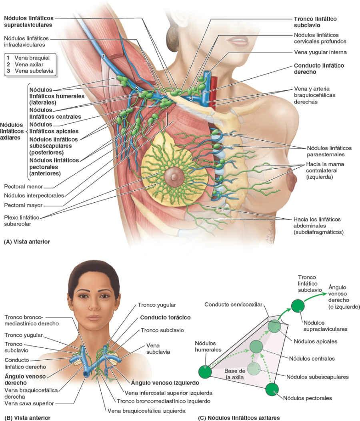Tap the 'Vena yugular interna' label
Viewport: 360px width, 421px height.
tap(320, 52)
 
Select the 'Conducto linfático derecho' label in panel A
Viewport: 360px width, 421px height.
tap(319, 69)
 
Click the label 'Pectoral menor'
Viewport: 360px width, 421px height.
tap(23, 187)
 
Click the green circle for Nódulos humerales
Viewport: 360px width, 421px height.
tap(205, 371)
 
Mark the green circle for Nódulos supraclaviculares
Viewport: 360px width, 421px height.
tap(297, 306)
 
